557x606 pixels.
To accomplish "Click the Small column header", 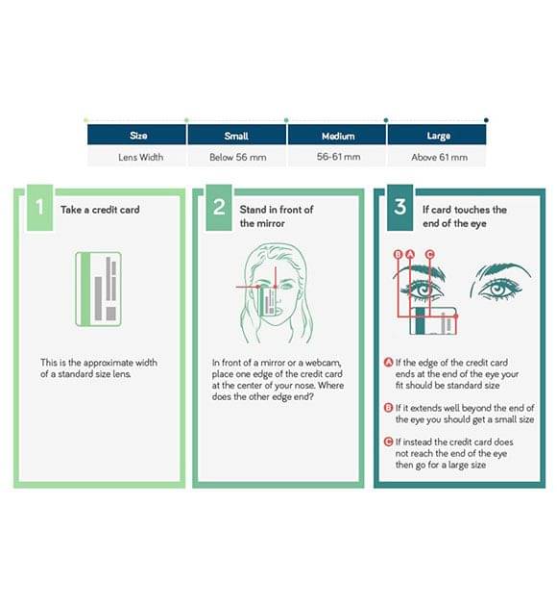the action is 237,136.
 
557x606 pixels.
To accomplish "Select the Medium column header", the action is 337,136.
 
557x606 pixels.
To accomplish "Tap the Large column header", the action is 437,136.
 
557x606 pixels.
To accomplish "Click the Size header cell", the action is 137,136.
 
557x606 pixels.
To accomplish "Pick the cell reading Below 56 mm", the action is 237,157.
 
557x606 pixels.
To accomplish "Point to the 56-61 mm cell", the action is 338,157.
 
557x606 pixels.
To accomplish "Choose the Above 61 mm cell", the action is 439,157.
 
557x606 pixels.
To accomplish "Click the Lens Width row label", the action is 140,157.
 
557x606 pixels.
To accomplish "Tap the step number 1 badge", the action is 39,208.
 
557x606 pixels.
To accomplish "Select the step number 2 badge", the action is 219,208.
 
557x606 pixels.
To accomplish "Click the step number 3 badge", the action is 400,208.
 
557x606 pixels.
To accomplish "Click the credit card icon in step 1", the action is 98,289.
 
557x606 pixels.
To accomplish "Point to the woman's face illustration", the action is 277,293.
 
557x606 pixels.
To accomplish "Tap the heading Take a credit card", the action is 100,210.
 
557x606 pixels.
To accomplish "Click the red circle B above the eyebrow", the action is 399,254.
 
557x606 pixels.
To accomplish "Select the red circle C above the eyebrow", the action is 429,254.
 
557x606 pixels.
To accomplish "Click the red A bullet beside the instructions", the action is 388,362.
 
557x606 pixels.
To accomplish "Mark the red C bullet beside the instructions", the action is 388,442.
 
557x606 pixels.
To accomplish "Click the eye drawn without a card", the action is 500,282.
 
